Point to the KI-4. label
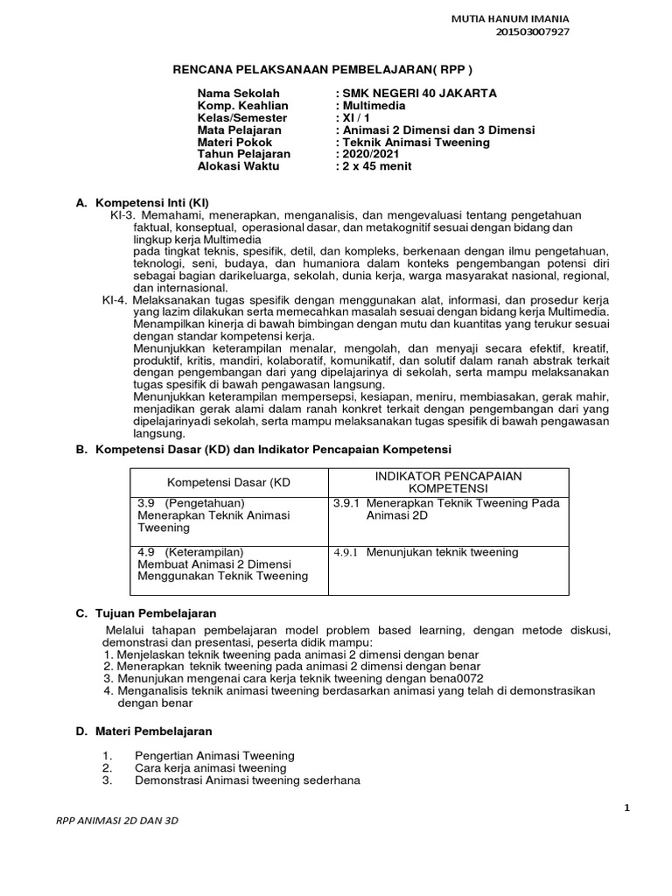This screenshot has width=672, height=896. (117, 300)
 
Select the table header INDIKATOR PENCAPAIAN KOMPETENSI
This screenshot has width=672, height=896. (447, 482)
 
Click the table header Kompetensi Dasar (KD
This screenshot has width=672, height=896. (227, 483)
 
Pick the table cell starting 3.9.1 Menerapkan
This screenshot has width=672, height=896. (446, 509)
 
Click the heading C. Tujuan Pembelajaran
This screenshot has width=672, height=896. (146, 613)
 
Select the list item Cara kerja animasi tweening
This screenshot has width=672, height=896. (210, 768)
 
